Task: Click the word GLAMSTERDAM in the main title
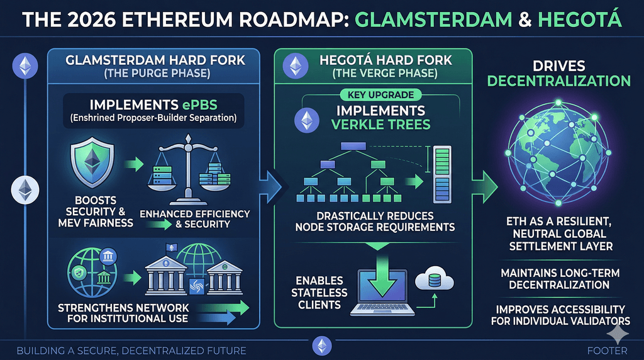[x=433, y=20]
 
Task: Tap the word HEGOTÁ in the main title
[x=579, y=19]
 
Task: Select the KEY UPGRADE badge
[x=380, y=95]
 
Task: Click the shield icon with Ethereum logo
[x=92, y=162]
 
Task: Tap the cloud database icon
[x=434, y=279]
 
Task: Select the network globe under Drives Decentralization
[x=558, y=152]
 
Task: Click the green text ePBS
[x=199, y=105]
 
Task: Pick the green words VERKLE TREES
[x=380, y=125]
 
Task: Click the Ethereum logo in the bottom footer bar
[x=322, y=346]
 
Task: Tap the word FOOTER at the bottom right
[x=607, y=351]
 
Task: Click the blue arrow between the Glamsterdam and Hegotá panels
[x=270, y=187]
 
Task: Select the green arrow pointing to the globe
[x=485, y=187]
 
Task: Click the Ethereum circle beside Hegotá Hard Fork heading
[x=296, y=65]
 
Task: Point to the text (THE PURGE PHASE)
[x=157, y=74]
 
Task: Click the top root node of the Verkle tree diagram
[x=353, y=146]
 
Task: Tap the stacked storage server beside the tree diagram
[x=442, y=175]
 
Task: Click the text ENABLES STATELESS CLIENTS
[x=319, y=293]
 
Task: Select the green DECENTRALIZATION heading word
[x=558, y=81]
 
